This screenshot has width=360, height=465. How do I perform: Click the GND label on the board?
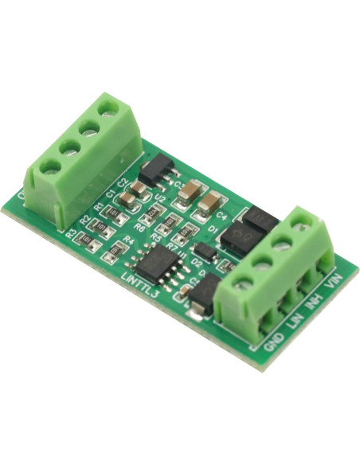pyautogui.click(x=272, y=339)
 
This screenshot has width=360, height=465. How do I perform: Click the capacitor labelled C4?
pyautogui.click(x=209, y=205)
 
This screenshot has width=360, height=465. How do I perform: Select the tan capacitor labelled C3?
pyautogui.click(x=189, y=192)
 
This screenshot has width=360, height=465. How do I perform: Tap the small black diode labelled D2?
pyautogui.click(x=204, y=252)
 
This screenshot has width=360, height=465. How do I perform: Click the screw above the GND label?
pyautogui.click(x=244, y=283)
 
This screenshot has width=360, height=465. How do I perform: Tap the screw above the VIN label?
pyautogui.click(x=303, y=225)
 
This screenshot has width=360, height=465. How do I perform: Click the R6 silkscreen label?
pyautogui.click(x=140, y=229)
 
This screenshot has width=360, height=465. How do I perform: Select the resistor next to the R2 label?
pyautogui.click(x=96, y=225)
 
